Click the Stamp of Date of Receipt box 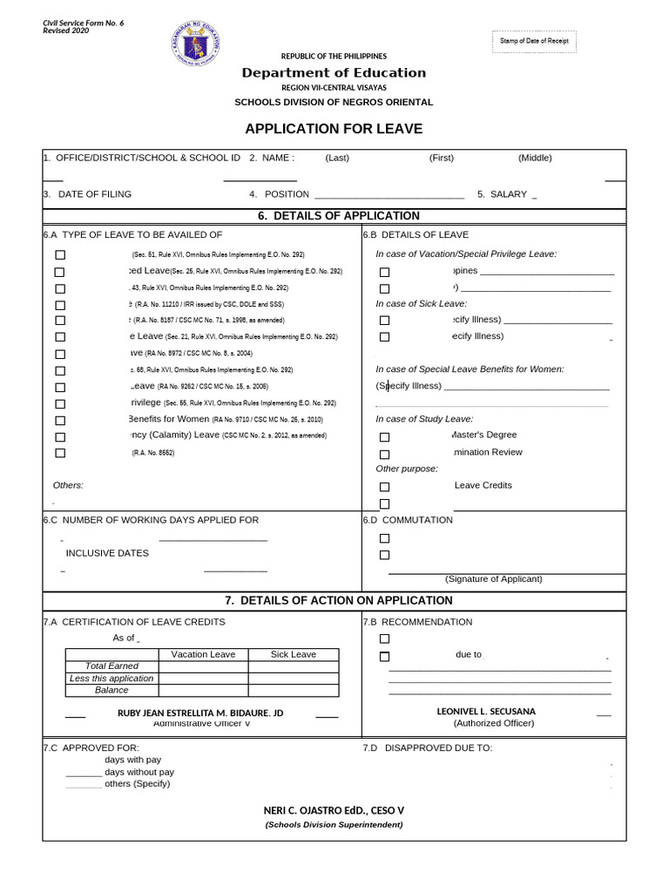[x=534, y=41]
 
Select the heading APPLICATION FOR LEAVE [x=334, y=129]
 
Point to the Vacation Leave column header [x=203, y=654]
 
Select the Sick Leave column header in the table [x=294, y=654]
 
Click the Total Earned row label [x=111, y=666]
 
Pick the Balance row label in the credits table [x=111, y=690]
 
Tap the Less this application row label [x=111, y=678]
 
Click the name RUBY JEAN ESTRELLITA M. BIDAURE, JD [x=200, y=713]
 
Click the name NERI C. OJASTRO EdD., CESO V [x=334, y=810]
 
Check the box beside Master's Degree [x=384, y=437]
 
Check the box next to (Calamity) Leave [x=60, y=436]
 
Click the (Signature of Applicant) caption [x=493, y=578]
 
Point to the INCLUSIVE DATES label [x=107, y=553]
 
